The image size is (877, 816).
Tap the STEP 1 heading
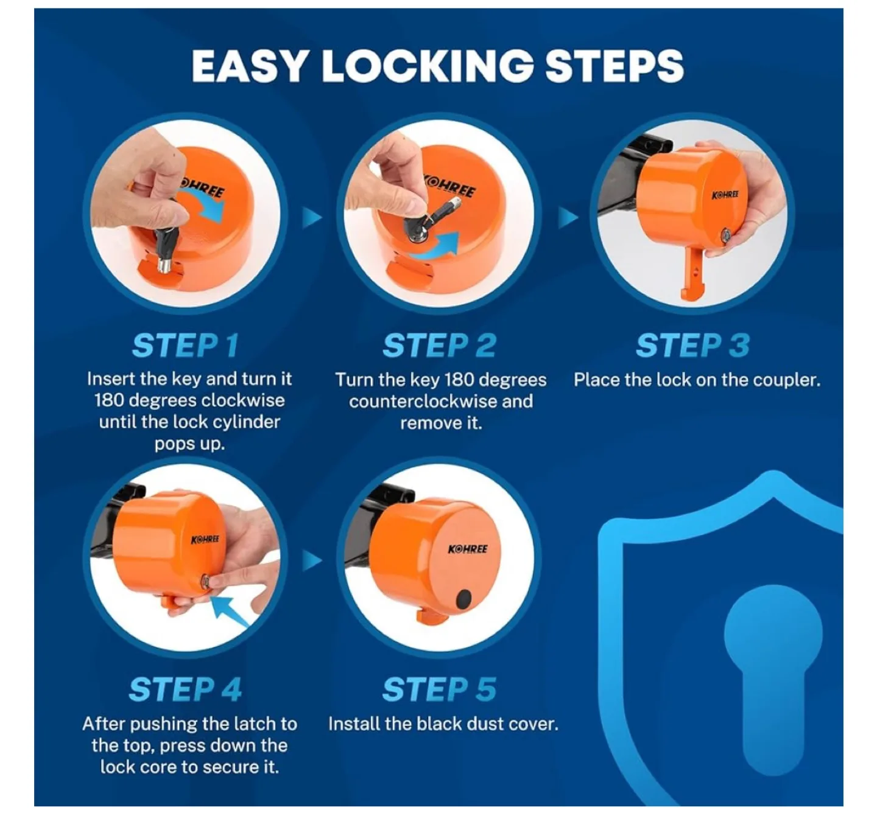point(185,346)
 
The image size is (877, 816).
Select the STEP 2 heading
point(439,346)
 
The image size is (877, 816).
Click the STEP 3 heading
point(692,346)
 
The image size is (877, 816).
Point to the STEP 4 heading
point(185,689)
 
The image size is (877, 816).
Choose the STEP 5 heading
point(439,689)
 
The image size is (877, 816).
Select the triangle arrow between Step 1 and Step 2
point(311,217)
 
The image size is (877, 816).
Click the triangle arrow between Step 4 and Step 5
point(311,560)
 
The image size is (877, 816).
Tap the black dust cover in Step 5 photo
point(464,599)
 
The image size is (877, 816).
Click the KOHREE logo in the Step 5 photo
point(468,549)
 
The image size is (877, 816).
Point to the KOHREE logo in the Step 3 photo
point(725,195)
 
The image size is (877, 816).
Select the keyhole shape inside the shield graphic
point(772,669)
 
